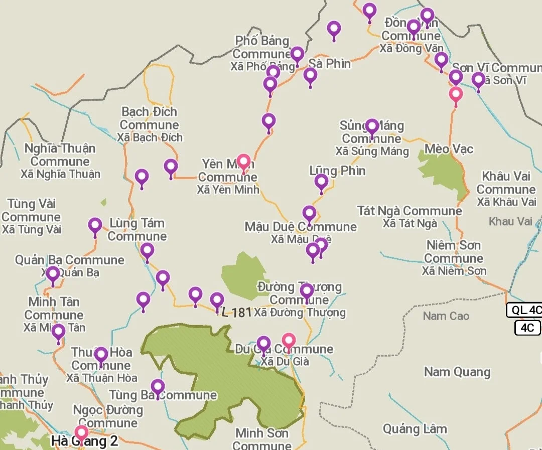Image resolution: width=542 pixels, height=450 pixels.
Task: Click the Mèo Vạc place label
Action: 449,149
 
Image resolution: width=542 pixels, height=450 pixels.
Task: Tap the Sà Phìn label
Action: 330,64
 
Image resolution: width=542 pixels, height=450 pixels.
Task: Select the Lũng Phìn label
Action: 338,171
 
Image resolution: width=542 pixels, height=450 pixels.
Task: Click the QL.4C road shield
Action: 524,310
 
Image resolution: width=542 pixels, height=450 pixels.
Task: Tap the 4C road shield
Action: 527,328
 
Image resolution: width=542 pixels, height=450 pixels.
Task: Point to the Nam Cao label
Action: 446,316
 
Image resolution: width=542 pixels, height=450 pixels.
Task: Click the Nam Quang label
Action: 457,372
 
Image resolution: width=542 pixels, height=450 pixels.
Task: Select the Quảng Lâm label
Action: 415,428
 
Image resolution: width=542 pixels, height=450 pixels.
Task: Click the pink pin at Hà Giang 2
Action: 81,433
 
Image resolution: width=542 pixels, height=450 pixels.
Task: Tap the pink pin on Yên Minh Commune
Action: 243,162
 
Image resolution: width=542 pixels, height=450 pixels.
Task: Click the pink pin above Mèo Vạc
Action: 456,94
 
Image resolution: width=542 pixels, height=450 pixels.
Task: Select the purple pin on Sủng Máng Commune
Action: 372,127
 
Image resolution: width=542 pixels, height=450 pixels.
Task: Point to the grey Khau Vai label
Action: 510,221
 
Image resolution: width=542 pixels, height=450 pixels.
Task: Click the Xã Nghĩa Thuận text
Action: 60,174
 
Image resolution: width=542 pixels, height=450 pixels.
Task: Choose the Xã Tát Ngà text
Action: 410,224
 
